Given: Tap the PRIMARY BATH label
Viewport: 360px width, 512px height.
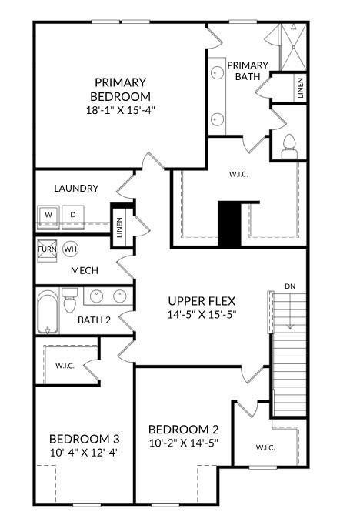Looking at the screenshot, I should tap(248, 71).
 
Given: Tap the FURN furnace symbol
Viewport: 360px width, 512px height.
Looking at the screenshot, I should tap(48, 249).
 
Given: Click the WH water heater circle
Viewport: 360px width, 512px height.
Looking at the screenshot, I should tap(71, 249).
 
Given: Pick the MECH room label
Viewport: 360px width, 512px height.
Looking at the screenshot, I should tap(83, 271).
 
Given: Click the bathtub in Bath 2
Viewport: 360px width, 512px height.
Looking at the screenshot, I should tap(48, 311).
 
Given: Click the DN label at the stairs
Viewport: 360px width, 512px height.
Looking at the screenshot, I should tap(290, 286).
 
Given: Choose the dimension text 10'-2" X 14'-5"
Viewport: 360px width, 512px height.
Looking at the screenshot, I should tap(184, 443).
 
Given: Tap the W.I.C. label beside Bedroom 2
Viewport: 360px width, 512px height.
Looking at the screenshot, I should tap(265, 447).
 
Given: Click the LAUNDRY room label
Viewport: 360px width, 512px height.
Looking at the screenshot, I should tap(76, 189).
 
